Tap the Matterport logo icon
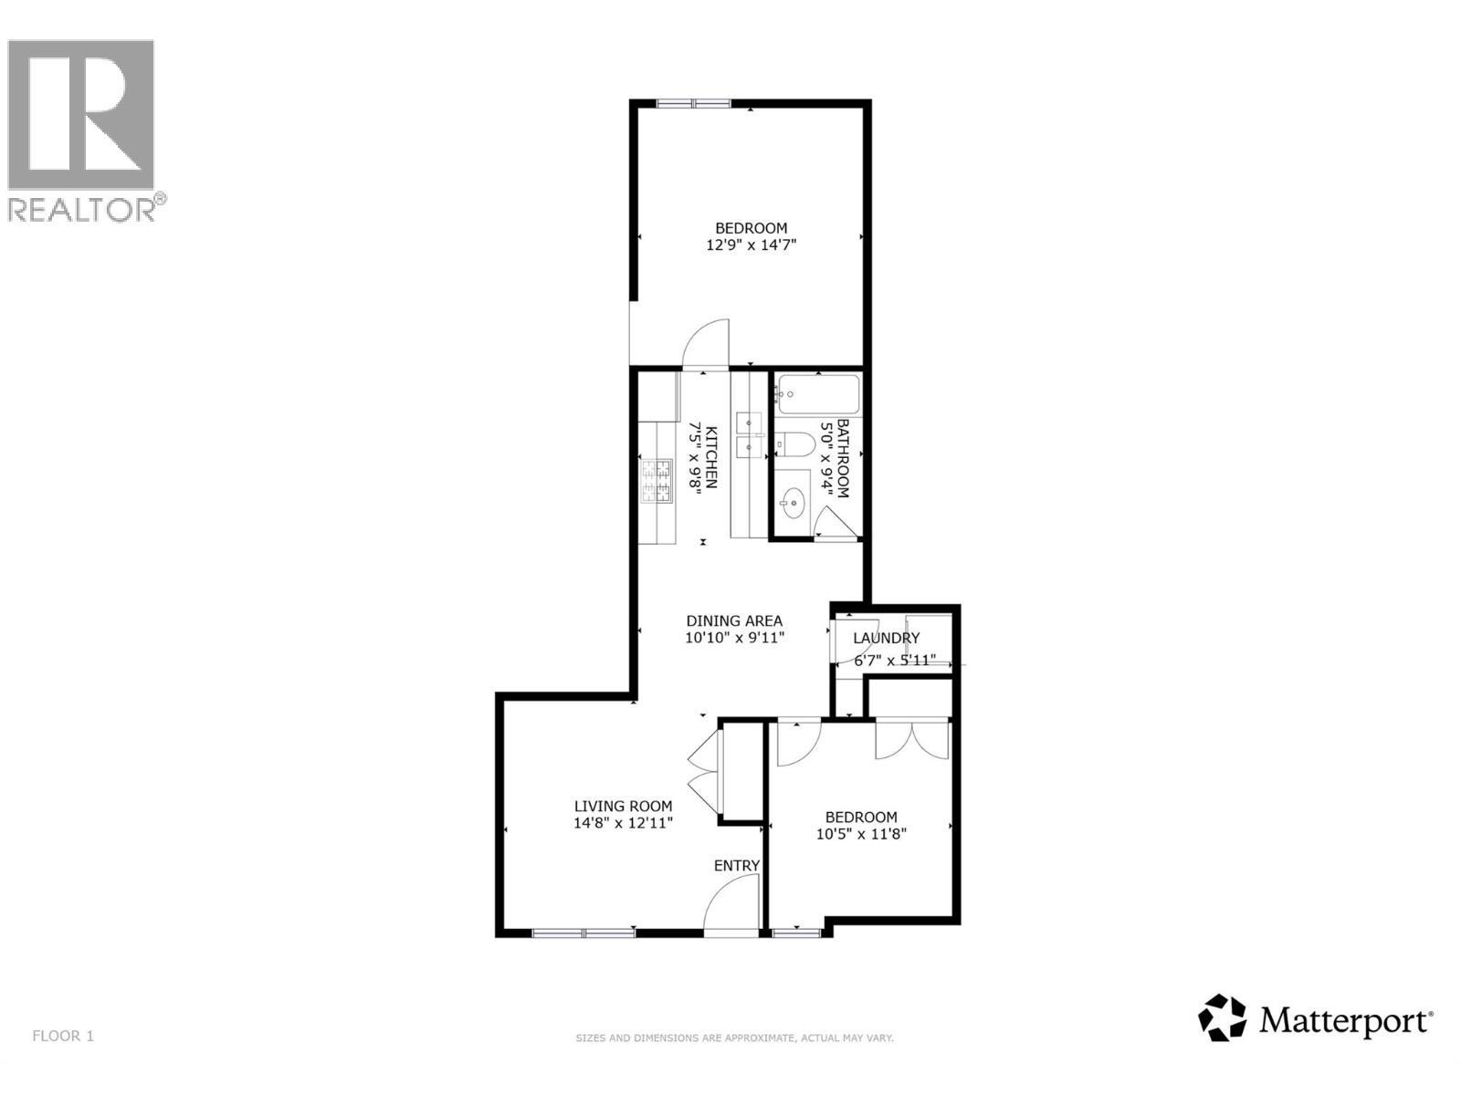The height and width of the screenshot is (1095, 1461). (x=1222, y=1017)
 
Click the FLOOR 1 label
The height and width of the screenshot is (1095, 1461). (x=63, y=1036)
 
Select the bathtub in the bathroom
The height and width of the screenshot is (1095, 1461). (x=818, y=395)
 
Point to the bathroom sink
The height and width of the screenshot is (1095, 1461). (x=792, y=499)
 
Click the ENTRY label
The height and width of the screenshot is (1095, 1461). (x=736, y=865)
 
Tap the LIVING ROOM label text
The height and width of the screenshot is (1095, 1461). (x=623, y=806)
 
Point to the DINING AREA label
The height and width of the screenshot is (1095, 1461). (x=734, y=620)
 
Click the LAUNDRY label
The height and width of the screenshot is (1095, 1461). (x=886, y=638)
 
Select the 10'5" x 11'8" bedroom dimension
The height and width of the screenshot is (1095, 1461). (x=860, y=833)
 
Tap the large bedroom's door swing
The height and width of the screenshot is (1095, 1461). (x=706, y=342)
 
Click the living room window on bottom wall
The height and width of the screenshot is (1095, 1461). (x=583, y=932)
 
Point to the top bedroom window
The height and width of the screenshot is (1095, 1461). (x=693, y=103)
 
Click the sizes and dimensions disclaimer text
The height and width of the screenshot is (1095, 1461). (x=733, y=1038)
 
